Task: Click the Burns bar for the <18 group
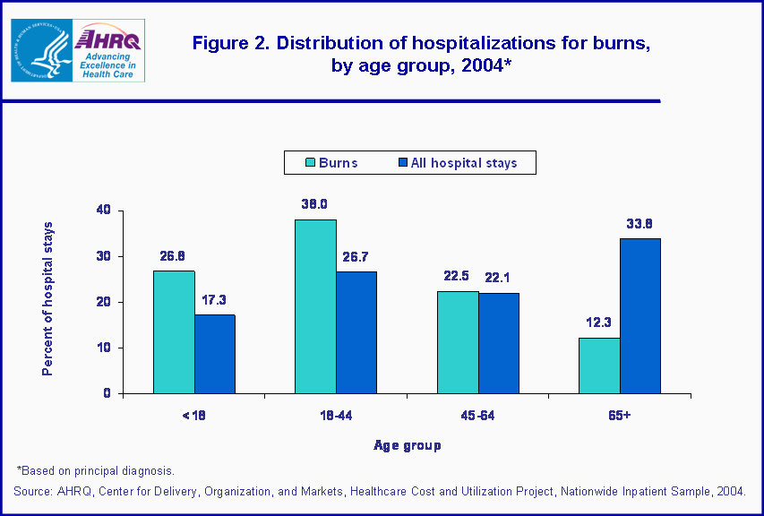(174, 331)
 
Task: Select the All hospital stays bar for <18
(214, 354)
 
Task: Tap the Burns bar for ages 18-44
(315, 306)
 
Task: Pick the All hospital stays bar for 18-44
(356, 332)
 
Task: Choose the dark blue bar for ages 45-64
(498, 343)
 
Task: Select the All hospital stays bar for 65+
(640, 315)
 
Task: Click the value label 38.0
(315, 203)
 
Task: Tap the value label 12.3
(599, 322)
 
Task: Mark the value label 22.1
(498, 277)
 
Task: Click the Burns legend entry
(330, 163)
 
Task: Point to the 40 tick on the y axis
(104, 211)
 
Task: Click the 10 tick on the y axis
(104, 348)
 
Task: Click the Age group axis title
(408, 444)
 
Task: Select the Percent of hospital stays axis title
(48, 298)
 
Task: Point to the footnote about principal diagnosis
(95, 470)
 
